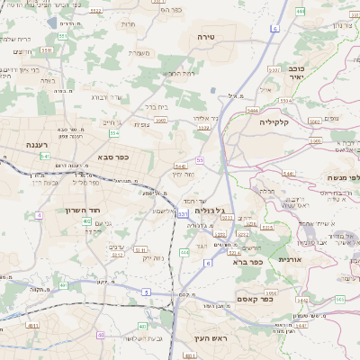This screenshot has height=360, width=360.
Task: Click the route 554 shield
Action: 114,133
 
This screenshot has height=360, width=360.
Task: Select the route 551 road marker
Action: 63,36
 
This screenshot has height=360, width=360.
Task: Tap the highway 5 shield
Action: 146,292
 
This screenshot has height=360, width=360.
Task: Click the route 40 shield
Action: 100,335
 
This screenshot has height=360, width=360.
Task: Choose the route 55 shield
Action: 200,159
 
